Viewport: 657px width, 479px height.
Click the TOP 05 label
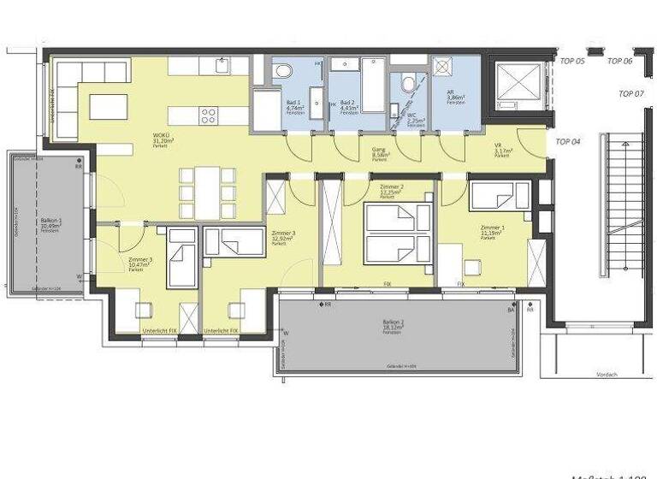pos(572,61)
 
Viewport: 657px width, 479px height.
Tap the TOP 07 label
pos(630,93)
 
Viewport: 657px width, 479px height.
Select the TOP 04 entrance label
pos(569,141)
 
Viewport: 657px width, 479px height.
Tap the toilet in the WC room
pos(408,84)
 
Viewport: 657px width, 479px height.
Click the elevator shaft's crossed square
pos(517,83)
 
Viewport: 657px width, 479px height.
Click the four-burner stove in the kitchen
pos(209,115)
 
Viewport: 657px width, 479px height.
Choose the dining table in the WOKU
pos(207,192)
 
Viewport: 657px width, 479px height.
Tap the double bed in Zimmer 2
pos(394,234)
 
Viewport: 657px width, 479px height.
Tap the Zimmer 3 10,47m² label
pos(139,263)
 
